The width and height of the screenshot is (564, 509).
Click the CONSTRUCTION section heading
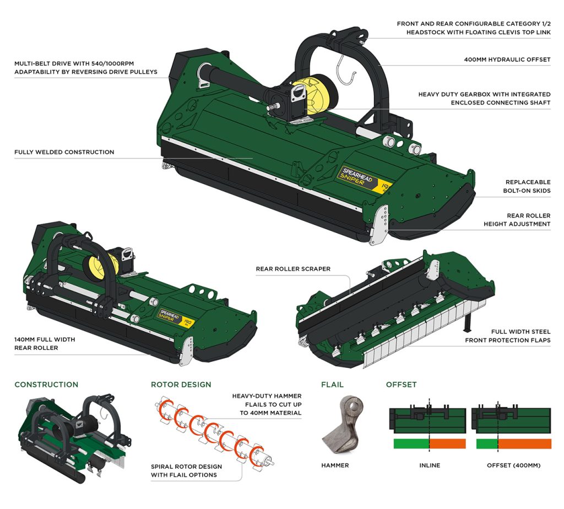[46, 385]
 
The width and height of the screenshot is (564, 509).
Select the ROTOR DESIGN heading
[181, 385]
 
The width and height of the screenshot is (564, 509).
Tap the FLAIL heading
[332, 385]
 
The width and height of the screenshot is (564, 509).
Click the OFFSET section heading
[401, 385]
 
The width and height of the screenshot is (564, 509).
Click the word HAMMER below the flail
[335, 465]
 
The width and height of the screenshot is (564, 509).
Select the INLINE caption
[430, 465]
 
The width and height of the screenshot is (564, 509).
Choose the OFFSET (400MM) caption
[513, 465]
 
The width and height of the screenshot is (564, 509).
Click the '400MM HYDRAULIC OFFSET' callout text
[507, 59]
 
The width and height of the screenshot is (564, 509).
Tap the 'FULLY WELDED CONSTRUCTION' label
[64, 152]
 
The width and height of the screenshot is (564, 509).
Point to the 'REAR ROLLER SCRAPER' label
[293, 269]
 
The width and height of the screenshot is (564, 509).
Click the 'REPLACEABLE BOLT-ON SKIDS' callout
[528, 186]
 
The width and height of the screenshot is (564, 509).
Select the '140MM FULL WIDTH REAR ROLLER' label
[45, 344]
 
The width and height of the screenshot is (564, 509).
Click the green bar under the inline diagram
[411, 444]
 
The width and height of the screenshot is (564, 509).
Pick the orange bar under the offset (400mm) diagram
[524, 444]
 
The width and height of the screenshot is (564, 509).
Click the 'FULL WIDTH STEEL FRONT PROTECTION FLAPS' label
[507, 336]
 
